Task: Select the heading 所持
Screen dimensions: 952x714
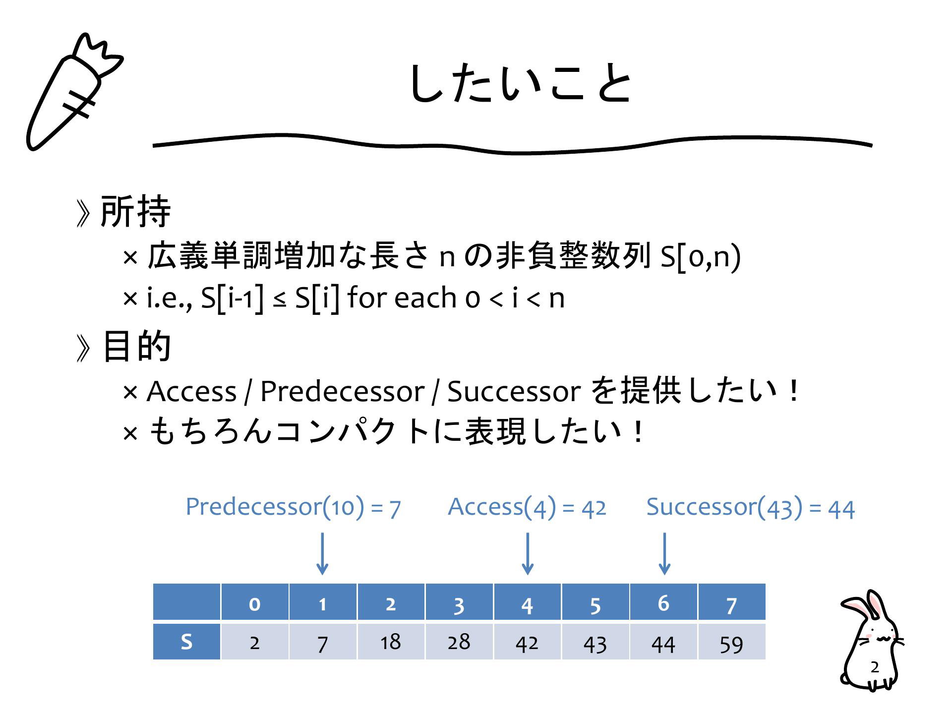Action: [135, 211]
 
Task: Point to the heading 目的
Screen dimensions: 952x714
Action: [136, 346]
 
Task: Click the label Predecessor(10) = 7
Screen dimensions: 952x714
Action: [293, 507]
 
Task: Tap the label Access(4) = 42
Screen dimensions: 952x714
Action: [527, 507]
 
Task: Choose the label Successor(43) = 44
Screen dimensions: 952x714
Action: [751, 508]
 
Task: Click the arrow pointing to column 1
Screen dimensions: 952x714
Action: [322, 554]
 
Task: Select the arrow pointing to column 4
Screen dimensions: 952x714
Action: [528, 554]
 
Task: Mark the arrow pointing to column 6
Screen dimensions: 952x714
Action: [664, 554]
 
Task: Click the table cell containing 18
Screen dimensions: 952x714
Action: [391, 642]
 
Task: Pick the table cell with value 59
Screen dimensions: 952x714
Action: [732, 642]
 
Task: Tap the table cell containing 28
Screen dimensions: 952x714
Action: [459, 642]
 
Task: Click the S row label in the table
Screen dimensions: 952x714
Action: [186, 642]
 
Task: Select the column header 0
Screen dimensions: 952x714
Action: [255, 602]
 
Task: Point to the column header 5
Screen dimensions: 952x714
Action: [595, 602]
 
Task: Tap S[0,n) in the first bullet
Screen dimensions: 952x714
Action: [701, 257]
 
